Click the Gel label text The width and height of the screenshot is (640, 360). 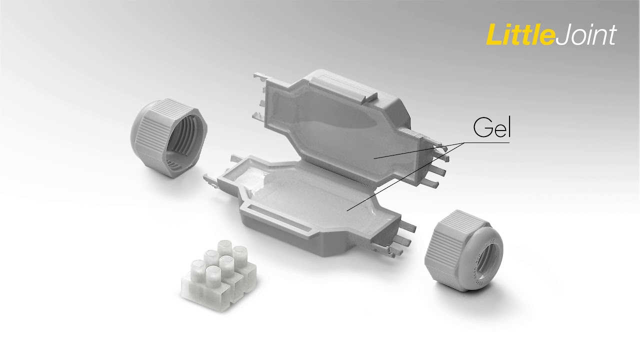pyautogui.click(x=491, y=127)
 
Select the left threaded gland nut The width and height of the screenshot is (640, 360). pyautogui.click(x=169, y=136)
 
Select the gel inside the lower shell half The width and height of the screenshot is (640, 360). pyautogui.click(x=308, y=197)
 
